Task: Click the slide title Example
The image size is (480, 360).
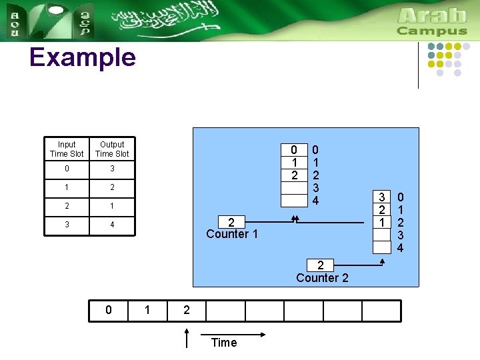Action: point(83,58)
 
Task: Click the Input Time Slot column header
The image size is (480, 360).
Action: point(67,149)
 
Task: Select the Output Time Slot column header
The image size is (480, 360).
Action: point(112,149)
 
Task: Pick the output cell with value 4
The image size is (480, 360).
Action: point(112,225)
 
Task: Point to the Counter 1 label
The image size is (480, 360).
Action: point(231,234)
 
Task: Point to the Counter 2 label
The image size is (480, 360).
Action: point(322,278)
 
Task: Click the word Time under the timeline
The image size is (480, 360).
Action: point(223,343)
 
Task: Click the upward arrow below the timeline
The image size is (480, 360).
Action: point(187,337)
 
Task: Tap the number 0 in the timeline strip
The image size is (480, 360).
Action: point(109,310)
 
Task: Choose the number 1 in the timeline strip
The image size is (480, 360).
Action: point(148,310)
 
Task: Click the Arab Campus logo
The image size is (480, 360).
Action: point(432,21)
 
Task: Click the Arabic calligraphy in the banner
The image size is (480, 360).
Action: point(167,20)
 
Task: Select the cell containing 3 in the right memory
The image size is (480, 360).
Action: point(381,197)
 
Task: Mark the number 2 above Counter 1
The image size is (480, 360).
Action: point(231,223)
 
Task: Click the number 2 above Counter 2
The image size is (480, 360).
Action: point(321,265)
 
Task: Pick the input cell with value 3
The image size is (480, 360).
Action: point(67,225)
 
